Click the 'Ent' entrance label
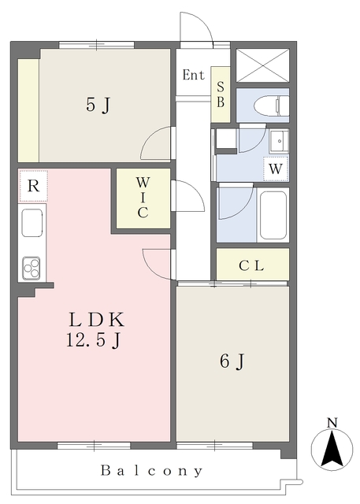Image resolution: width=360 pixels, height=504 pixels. pyautogui.click(x=194, y=76)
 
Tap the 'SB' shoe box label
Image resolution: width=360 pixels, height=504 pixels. pyautogui.click(x=221, y=94)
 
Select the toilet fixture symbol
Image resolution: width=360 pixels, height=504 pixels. pyautogui.click(x=271, y=105)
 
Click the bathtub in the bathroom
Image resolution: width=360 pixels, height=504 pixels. pyautogui.click(x=273, y=215)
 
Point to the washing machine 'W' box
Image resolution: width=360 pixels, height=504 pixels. pyautogui.click(x=276, y=169)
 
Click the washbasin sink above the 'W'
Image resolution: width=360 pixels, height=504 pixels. pyautogui.click(x=279, y=141)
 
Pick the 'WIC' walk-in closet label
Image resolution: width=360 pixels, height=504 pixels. pyautogui.click(x=143, y=198)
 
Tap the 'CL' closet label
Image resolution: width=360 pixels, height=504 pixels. pyautogui.click(x=251, y=266)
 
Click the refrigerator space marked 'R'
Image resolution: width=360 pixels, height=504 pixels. pyautogui.click(x=33, y=186)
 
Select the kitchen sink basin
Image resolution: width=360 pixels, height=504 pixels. pyautogui.click(x=32, y=223)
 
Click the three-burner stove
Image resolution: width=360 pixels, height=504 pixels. pyautogui.click(x=32, y=268)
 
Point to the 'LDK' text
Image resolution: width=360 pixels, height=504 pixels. pyautogui.click(x=96, y=320)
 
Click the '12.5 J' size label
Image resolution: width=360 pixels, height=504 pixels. pyautogui.click(x=94, y=340)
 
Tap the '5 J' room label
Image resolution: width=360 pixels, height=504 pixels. pyautogui.click(x=98, y=105)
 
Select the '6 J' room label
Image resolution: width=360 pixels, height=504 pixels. pyautogui.click(x=232, y=361)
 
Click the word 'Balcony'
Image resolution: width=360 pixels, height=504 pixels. pyautogui.click(x=152, y=471)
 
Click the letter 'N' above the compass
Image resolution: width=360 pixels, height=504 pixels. pyautogui.click(x=332, y=423)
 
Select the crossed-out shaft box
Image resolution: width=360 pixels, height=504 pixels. pyautogui.click(x=263, y=65)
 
